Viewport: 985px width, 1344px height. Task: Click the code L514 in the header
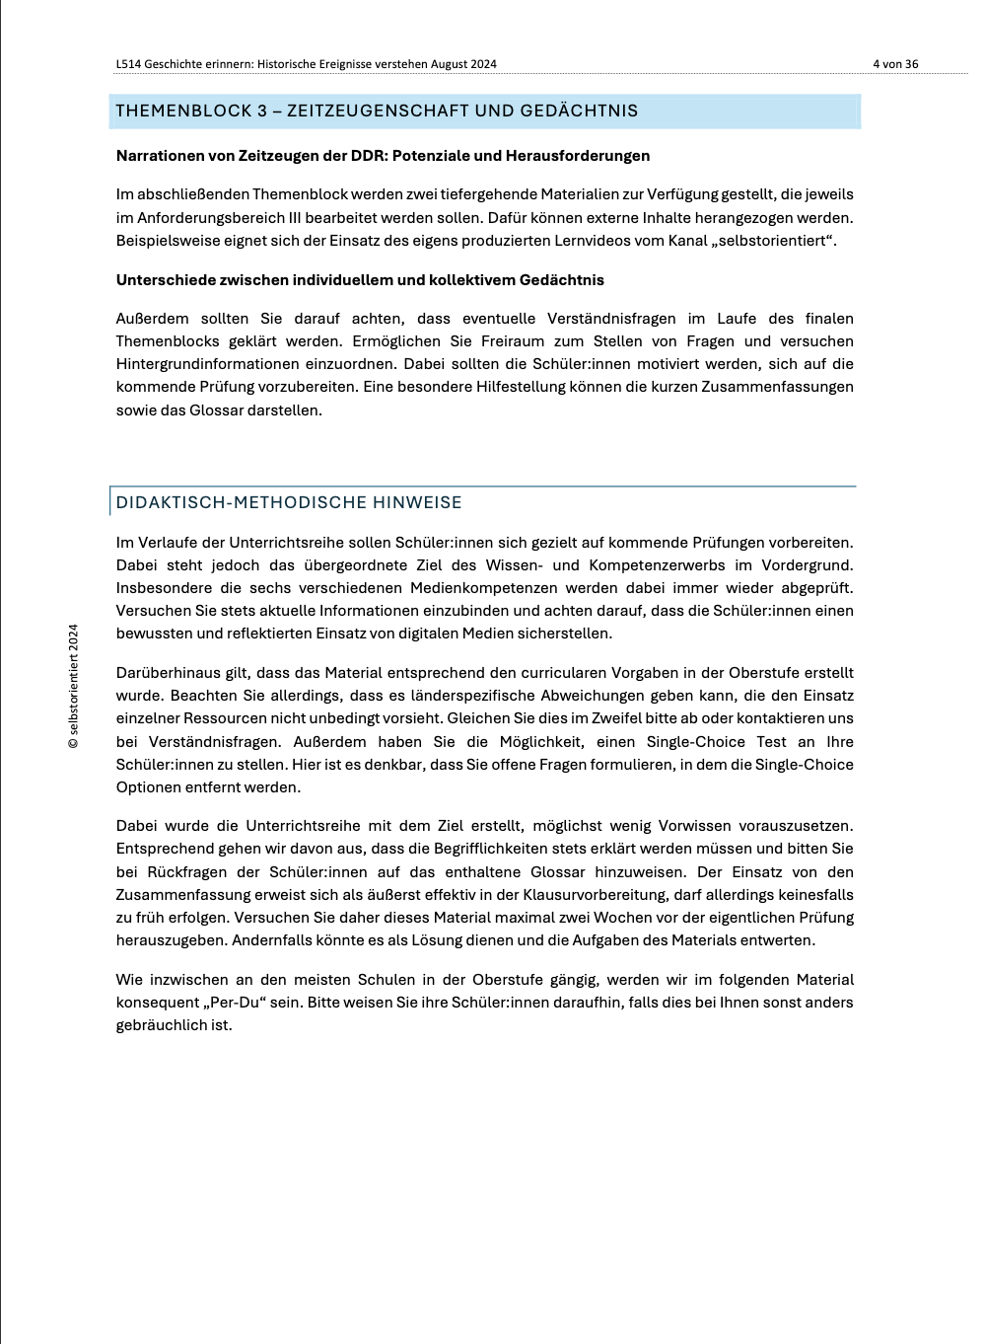[128, 64]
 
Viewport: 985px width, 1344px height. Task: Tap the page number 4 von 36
[895, 64]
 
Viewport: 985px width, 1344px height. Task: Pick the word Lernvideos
[533, 241]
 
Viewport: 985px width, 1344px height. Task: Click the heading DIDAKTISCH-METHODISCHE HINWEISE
[289, 502]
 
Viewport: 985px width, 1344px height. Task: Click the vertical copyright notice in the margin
[73, 686]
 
